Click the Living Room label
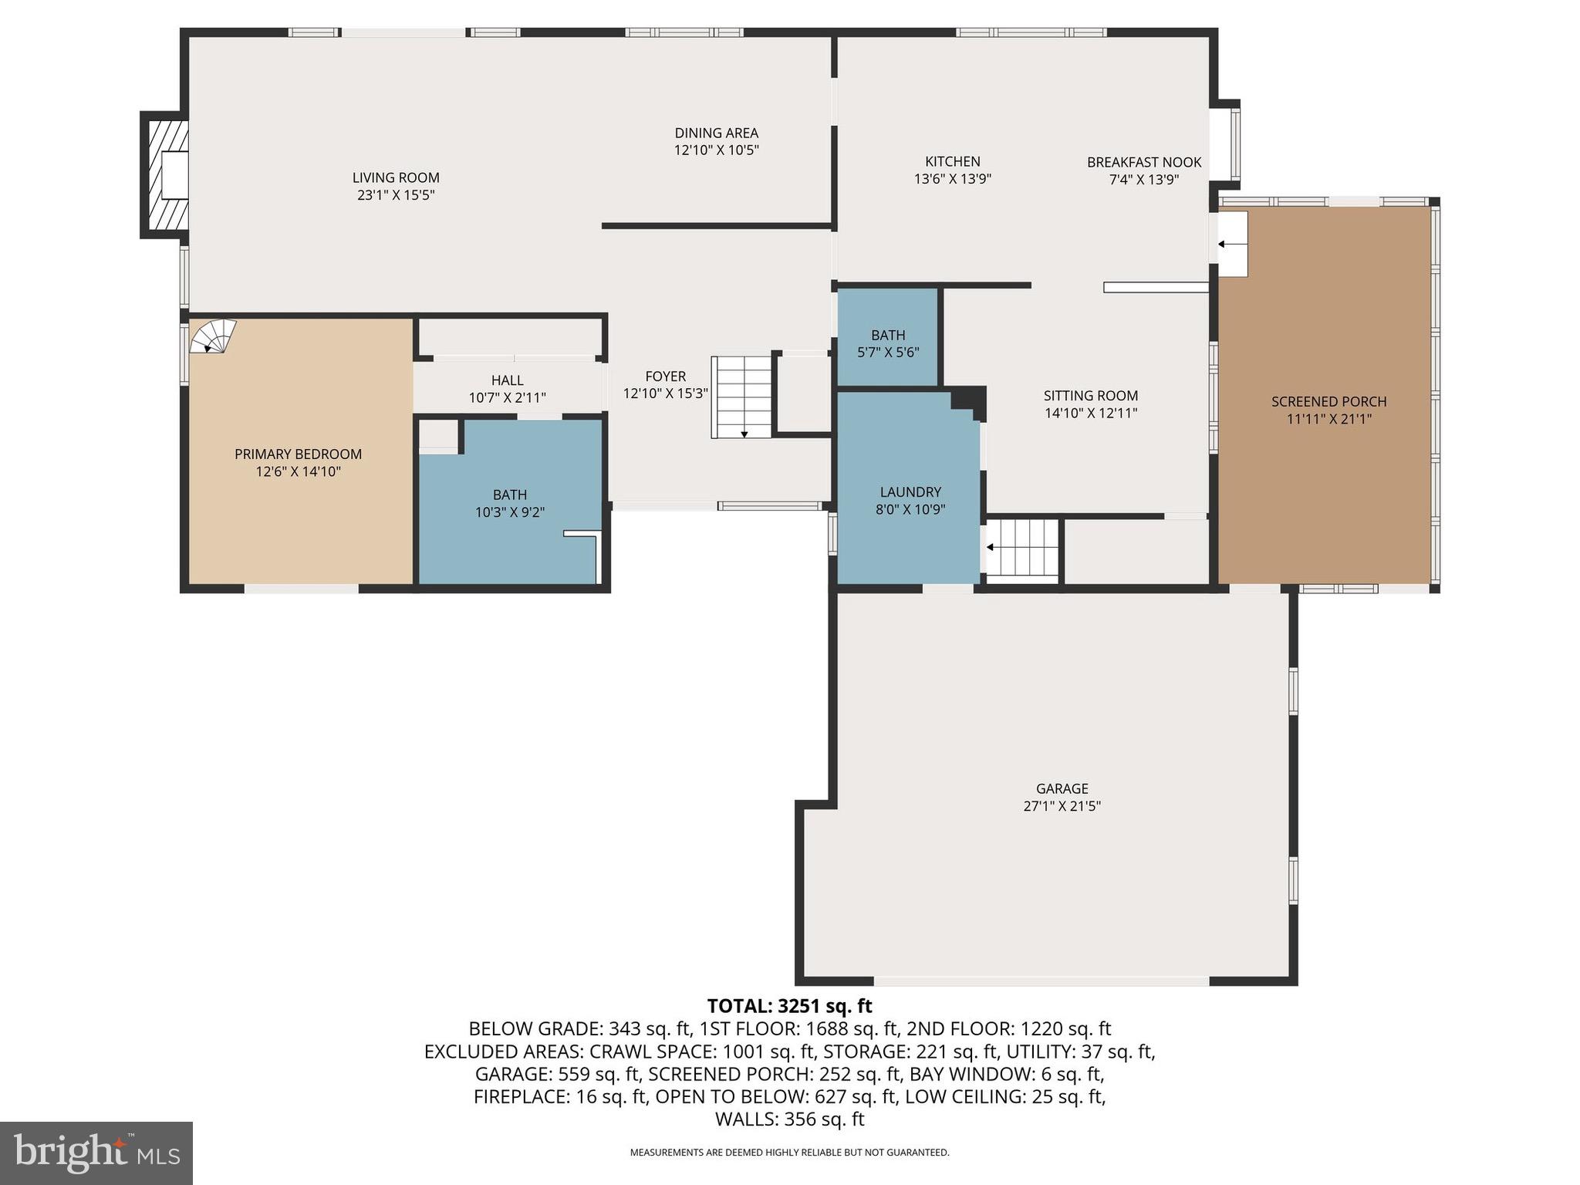tap(396, 178)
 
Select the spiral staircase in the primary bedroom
tap(213, 337)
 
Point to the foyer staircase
tap(741, 397)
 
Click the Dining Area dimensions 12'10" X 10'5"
tap(716, 150)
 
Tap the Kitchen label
tap(952, 161)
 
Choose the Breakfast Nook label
tap(1143, 162)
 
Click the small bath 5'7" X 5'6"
tap(888, 343)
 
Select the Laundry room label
tap(910, 492)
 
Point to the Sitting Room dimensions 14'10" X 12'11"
tap(1090, 413)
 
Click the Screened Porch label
tap(1328, 402)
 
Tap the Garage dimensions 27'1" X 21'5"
tap(1062, 806)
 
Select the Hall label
tap(507, 380)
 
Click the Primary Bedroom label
tap(298, 454)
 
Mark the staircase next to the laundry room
tap(1023, 549)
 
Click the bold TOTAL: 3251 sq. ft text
tap(789, 1006)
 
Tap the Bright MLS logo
tap(96, 1153)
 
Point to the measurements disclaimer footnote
tap(789, 1153)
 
